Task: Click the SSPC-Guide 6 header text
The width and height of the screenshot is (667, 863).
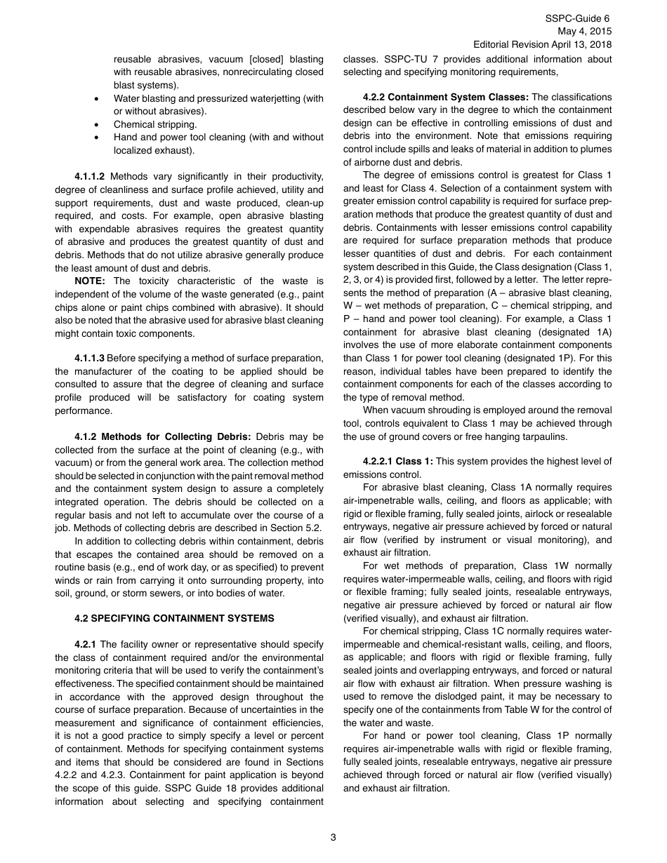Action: click(578, 18)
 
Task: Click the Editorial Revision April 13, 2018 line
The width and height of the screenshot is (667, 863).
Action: click(543, 44)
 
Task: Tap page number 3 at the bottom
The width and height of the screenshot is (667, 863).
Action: click(333, 837)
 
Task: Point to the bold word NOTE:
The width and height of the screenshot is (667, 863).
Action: click(90, 281)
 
